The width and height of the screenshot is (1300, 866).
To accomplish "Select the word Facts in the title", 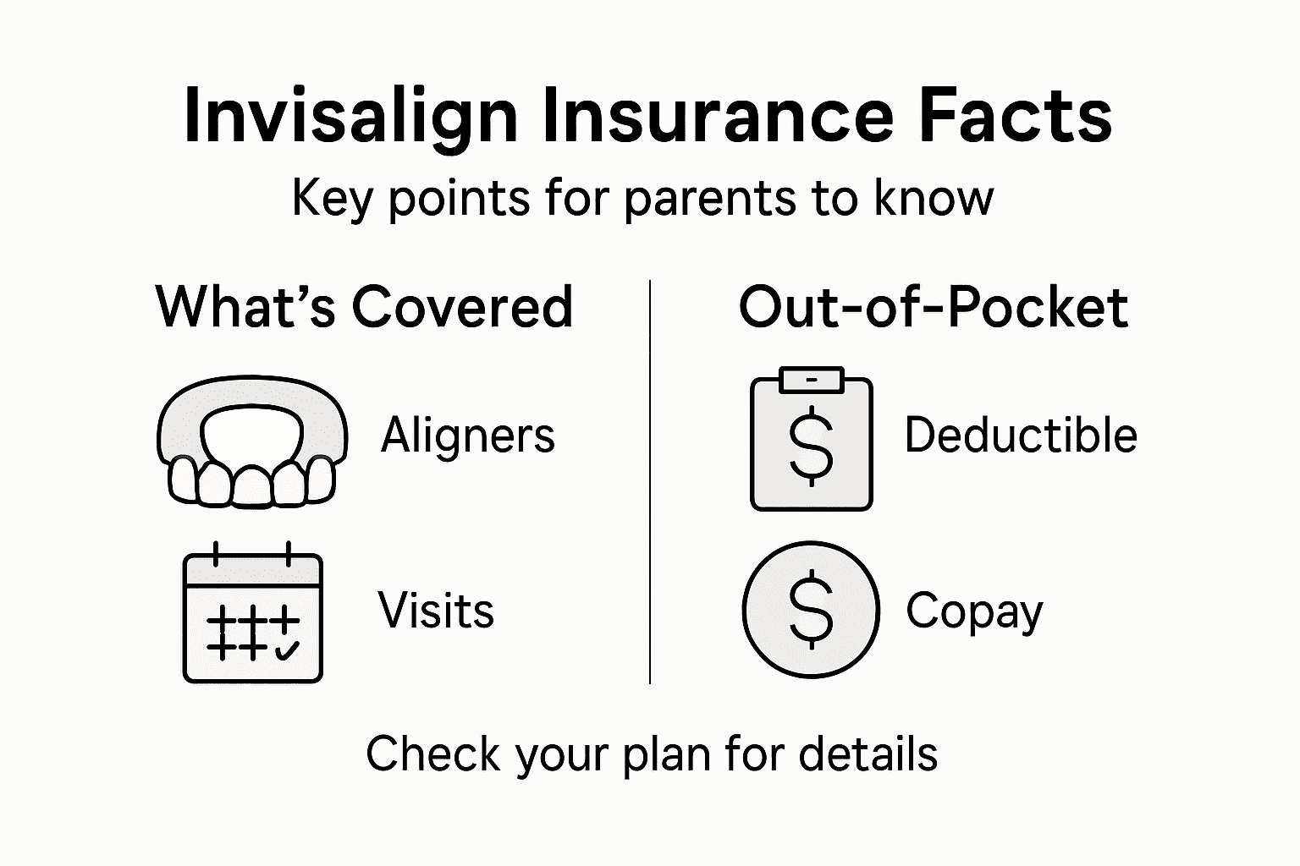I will pyautogui.click(x=1015, y=117).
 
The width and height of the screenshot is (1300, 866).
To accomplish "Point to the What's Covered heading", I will pyautogui.click(x=365, y=306).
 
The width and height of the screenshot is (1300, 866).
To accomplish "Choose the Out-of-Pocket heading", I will pyautogui.click(x=933, y=306).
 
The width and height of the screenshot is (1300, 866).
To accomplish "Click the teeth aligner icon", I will pyautogui.click(x=251, y=441).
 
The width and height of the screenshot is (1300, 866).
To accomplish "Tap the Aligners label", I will pyautogui.click(x=467, y=436).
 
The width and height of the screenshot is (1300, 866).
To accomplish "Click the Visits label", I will pyautogui.click(x=435, y=611).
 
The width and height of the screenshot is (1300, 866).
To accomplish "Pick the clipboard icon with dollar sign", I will pyautogui.click(x=811, y=441).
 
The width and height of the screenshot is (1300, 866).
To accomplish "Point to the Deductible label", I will pyautogui.click(x=1020, y=436).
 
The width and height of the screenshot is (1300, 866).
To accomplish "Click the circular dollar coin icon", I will pyautogui.click(x=811, y=610).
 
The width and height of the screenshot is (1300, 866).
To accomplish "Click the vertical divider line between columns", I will pyautogui.click(x=649, y=482).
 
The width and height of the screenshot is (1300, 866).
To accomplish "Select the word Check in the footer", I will pyautogui.click(x=432, y=754).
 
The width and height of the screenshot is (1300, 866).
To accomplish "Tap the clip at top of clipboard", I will pyautogui.click(x=812, y=380).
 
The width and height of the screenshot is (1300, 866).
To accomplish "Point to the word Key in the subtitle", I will pyautogui.click(x=331, y=200).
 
